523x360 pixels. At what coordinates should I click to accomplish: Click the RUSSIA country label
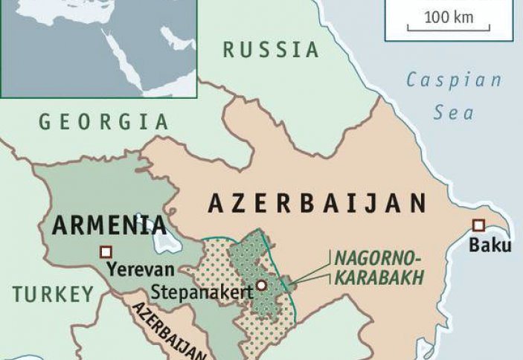271,51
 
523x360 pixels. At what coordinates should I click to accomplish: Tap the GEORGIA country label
103,122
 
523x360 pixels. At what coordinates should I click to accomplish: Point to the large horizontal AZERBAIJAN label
318,204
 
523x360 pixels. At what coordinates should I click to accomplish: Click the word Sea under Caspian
455,113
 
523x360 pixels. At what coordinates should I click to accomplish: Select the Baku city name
490,245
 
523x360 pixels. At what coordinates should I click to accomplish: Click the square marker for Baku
478,225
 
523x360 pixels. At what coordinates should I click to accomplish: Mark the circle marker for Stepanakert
262,285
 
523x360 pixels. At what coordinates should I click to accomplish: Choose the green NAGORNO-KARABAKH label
377,268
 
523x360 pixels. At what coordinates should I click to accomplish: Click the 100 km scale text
449,17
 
